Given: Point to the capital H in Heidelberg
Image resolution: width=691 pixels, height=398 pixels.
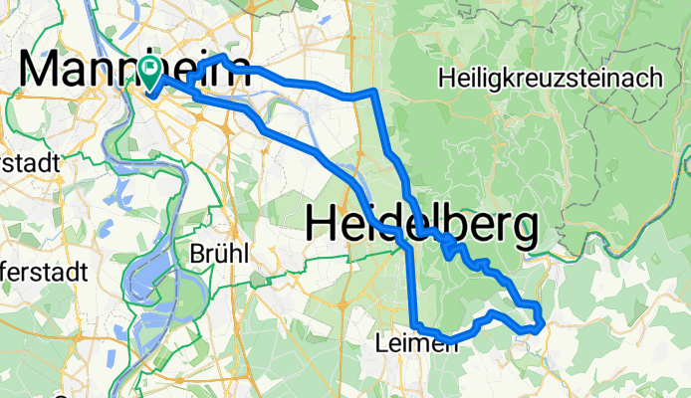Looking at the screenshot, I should click(x=321, y=224).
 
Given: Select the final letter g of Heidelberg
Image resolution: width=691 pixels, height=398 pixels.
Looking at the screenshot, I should click(x=522, y=229).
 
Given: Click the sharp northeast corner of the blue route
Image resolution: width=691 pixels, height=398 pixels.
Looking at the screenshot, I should click(x=373, y=91).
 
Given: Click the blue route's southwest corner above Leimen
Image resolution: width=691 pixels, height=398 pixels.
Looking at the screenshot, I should click(x=416, y=327).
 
